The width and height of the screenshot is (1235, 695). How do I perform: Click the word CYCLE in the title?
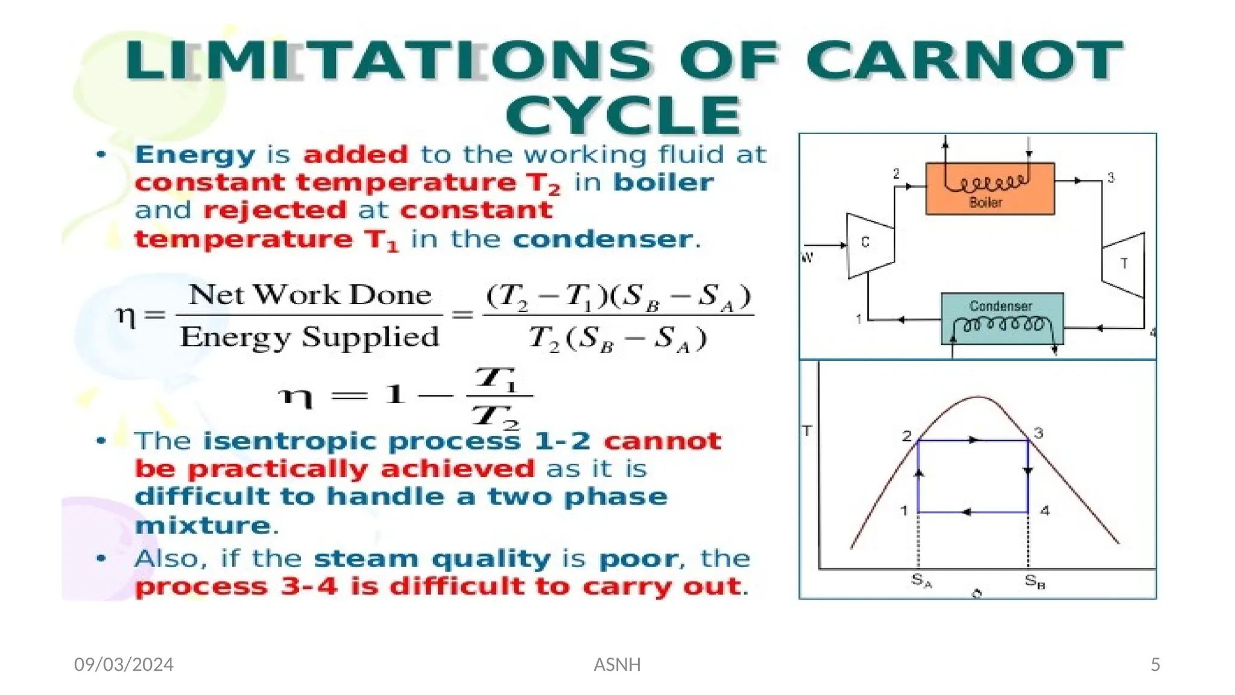pyautogui.click(x=624, y=116)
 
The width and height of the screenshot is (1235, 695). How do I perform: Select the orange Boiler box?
pyautogui.click(x=990, y=189)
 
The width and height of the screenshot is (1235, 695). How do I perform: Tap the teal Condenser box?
pyautogui.click(x=1002, y=318)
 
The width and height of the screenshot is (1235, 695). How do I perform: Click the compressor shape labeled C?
pyautogui.click(x=869, y=245)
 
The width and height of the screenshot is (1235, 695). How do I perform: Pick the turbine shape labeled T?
pyautogui.click(x=1124, y=264)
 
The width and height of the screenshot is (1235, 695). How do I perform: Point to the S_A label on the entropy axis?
pyautogui.click(x=921, y=581)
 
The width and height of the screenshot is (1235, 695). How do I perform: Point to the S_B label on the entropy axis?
pyautogui.click(x=1035, y=582)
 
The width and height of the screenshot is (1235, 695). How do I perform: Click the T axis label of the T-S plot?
pyautogui.click(x=807, y=431)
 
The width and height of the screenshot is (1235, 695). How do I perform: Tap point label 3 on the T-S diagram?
pyautogui.click(x=1038, y=433)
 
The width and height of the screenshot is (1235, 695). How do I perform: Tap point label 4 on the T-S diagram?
pyautogui.click(x=1044, y=511)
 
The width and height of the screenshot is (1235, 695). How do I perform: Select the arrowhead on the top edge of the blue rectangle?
pyautogui.click(x=973, y=440)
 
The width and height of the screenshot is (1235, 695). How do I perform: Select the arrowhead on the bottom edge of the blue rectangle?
pyautogui.click(x=966, y=512)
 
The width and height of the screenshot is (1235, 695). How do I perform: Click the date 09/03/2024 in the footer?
pyautogui.click(x=124, y=664)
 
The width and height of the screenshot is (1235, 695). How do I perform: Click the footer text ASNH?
pyautogui.click(x=617, y=664)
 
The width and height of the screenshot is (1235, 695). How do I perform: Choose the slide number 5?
pyautogui.click(x=1155, y=664)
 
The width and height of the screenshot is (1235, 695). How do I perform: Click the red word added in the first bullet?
pyautogui.click(x=356, y=154)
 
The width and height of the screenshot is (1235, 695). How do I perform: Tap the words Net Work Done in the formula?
pyautogui.click(x=310, y=295)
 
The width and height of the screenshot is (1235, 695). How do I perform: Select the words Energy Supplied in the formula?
pyautogui.click(x=309, y=337)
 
